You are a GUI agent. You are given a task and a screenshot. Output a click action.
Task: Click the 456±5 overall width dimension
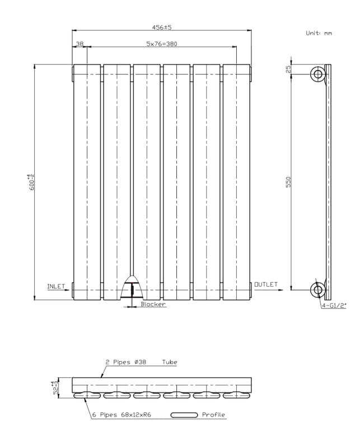[162, 27]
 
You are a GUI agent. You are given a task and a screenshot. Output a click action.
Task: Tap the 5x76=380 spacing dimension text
[162, 44]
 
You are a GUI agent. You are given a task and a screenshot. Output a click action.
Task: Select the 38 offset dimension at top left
[80, 44]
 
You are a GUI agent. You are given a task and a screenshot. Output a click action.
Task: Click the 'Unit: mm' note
[319, 33]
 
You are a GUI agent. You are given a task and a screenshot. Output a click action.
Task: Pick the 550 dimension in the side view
[288, 182]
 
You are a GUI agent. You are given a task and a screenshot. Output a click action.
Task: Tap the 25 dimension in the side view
[288, 69]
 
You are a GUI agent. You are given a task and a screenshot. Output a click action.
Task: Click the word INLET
[56, 287]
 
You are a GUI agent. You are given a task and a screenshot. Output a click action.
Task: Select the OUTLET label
[266, 284]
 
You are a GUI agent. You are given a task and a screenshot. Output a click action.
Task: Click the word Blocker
[153, 305]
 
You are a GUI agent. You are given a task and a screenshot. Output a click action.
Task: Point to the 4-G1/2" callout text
[334, 306]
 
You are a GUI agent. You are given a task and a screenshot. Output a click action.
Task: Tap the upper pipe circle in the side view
[317, 74]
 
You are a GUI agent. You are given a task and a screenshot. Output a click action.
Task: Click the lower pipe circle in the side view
[317, 290]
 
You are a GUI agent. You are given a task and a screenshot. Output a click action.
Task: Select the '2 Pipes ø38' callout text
[126, 362]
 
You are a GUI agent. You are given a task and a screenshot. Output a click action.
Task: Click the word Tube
[170, 362]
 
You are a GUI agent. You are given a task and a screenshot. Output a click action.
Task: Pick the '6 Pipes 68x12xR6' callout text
[121, 415]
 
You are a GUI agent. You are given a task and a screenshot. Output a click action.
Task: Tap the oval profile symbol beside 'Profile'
[184, 415]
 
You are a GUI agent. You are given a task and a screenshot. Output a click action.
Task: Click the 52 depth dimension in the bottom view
[55, 388]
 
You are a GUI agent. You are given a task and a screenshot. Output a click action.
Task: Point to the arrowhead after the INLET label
[67, 290]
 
